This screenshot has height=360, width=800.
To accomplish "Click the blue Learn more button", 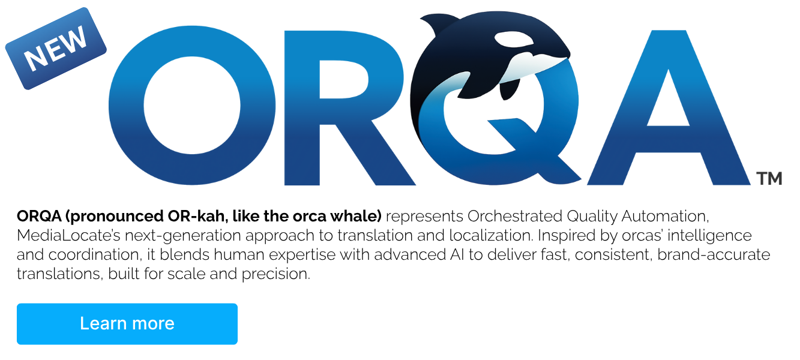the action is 127,323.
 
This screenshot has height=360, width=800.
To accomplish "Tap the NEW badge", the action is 56,49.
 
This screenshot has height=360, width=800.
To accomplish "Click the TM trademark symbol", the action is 769,179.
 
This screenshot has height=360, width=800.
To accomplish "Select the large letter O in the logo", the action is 192,106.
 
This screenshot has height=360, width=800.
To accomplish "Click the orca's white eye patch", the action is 514,38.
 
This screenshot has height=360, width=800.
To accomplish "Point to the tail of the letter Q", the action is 536,150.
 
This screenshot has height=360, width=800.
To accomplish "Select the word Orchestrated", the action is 515,217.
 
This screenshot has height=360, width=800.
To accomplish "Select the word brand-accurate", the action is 714,254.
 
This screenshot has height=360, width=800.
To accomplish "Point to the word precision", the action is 275,274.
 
